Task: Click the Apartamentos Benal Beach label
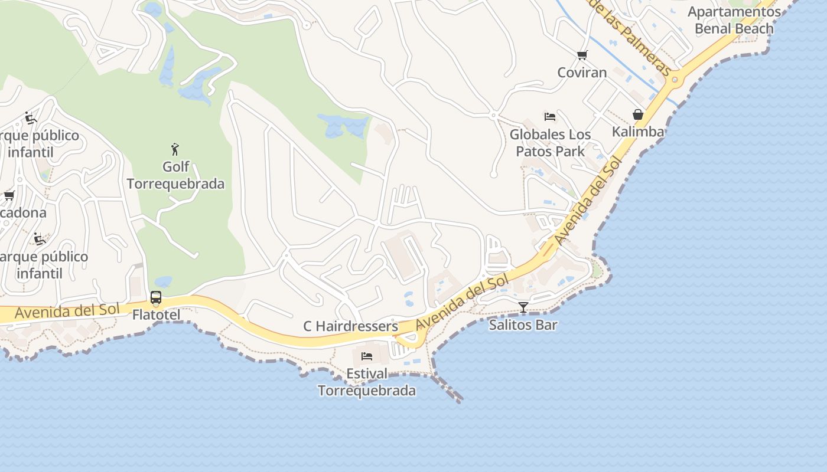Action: pos(734,20)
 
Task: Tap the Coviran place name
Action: pos(582,73)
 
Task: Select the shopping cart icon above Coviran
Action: pos(582,55)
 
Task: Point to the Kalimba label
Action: pos(638,132)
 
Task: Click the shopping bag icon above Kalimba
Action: pos(638,114)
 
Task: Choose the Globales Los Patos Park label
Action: pos(550,143)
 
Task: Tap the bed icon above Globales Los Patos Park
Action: pos(550,117)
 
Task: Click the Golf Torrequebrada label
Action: pos(175,175)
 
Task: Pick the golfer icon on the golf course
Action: pos(175,149)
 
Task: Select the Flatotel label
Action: pos(156,314)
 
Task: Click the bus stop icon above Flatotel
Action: pos(156,297)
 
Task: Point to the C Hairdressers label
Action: pos(350,326)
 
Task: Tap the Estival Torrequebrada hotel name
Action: pos(367,382)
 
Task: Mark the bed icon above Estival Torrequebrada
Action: pos(367,356)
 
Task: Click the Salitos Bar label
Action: pos(523,324)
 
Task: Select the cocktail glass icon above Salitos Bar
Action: pos(523,307)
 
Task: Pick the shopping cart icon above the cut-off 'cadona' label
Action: pos(9,195)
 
